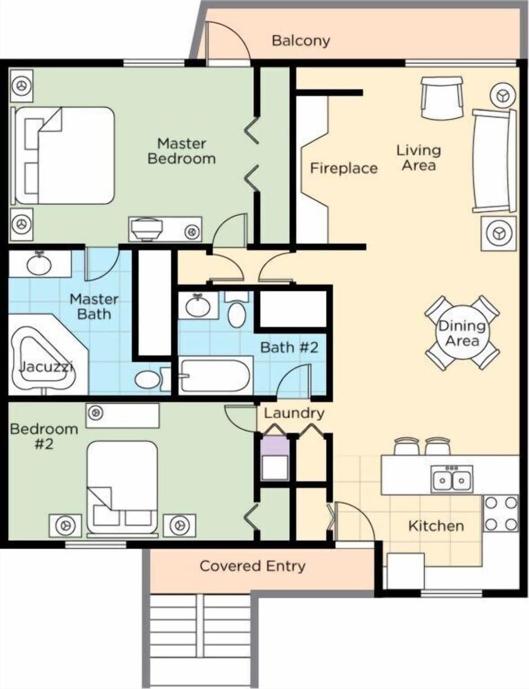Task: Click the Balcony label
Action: click(301, 40)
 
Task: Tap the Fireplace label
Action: click(343, 168)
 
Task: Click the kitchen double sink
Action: click(452, 478)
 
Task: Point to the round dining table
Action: click(462, 333)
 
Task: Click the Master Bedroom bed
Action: click(65, 155)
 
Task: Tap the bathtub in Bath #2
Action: click(215, 376)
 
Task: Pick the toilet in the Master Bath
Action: click(149, 379)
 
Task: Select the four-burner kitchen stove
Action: click(501, 513)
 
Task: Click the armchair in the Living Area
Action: click(442, 97)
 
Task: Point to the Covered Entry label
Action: click(252, 566)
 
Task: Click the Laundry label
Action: click(294, 413)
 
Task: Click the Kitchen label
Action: click(435, 526)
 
